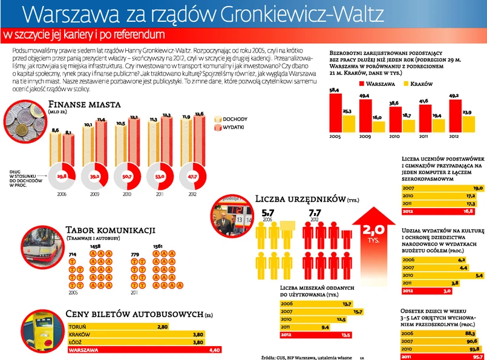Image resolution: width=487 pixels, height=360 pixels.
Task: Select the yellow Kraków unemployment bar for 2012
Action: pyautogui.click(x=466, y=123)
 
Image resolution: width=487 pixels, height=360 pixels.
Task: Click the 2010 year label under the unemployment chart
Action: pyautogui.click(x=394, y=137)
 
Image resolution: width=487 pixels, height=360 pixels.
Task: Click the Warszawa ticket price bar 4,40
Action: pyautogui.click(x=146, y=350)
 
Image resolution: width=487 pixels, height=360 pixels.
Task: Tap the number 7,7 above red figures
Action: pyautogui.click(x=315, y=214)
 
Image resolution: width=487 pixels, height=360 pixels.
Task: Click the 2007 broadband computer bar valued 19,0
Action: pyautogui.click(x=442, y=188)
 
